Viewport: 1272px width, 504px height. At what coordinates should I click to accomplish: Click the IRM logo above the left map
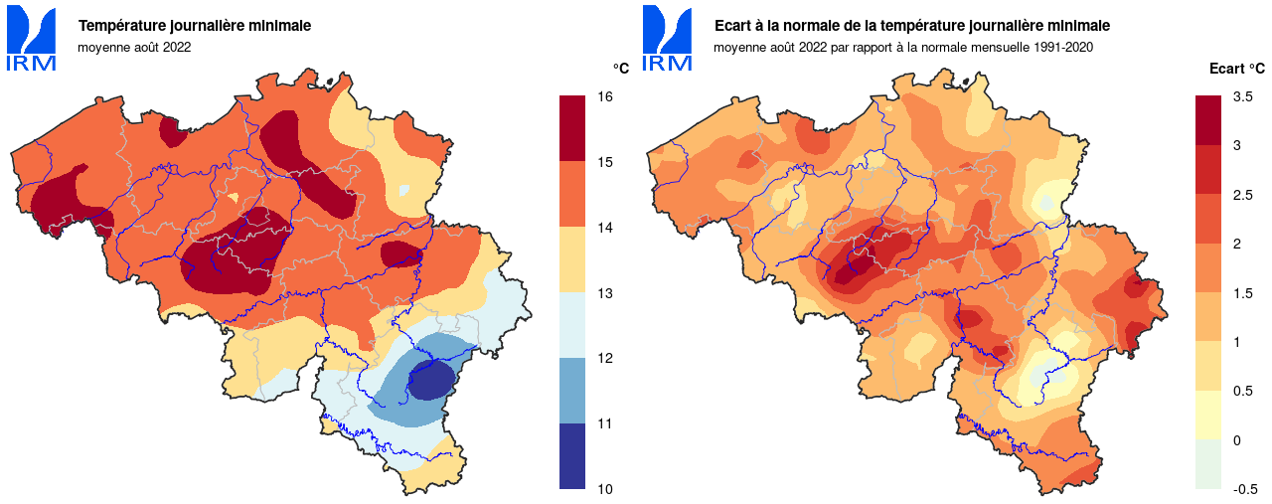tap(32, 41)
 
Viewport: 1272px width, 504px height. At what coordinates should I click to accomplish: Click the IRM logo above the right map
tap(668, 41)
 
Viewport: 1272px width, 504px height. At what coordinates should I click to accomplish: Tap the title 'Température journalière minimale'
tap(195, 26)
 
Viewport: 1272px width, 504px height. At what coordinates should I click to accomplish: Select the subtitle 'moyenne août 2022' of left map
tap(134, 46)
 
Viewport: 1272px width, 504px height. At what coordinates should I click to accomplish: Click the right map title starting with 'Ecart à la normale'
tap(912, 26)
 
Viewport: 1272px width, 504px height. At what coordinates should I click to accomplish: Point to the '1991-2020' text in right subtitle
tap(1063, 46)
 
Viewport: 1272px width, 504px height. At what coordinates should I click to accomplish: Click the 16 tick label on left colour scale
tap(604, 96)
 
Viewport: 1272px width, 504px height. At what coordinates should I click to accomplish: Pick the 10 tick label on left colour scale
tap(604, 489)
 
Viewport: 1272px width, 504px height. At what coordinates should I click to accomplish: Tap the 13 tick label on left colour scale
tap(604, 293)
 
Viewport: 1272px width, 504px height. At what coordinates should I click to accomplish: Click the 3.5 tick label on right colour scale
tap(1242, 96)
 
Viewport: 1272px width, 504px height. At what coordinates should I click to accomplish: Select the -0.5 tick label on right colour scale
tap(1245, 489)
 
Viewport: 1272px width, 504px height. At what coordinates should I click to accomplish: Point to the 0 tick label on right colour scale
tap(1237, 440)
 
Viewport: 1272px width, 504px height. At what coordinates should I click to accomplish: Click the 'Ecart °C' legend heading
tap(1237, 69)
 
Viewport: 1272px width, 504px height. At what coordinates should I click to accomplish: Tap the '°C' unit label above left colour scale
tap(620, 69)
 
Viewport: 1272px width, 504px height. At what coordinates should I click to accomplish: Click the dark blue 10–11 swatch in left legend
tap(571, 456)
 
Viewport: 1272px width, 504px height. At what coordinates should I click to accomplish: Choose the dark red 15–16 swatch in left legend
tap(571, 128)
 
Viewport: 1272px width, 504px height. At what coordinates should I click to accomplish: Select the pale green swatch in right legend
tap(1208, 464)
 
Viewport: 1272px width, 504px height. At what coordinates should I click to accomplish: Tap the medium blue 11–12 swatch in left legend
tap(571, 391)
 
